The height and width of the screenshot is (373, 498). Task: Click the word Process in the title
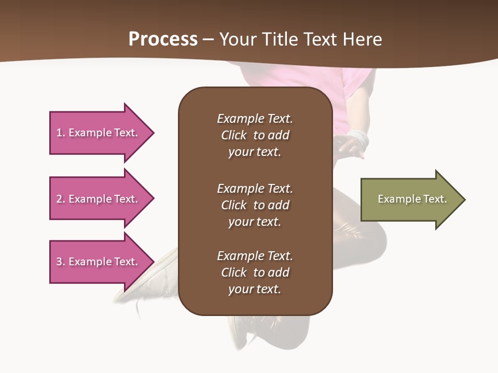pyautogui.click(x=163, y=39)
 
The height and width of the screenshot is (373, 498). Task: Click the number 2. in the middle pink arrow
pyautogui.click(x=61, y=199)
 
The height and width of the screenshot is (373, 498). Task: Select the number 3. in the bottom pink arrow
pyautogui.click(x=61, y=262)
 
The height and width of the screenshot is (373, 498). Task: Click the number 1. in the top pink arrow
pyautogui.click(x=61, y=133)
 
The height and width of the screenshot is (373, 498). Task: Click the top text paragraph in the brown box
pyautogui.click(x=255, y=135)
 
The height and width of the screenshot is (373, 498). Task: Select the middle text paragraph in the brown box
pyautogui.click(x=255, y=205)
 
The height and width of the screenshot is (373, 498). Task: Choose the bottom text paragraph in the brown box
pyautogui.click(x=255, y=272)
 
